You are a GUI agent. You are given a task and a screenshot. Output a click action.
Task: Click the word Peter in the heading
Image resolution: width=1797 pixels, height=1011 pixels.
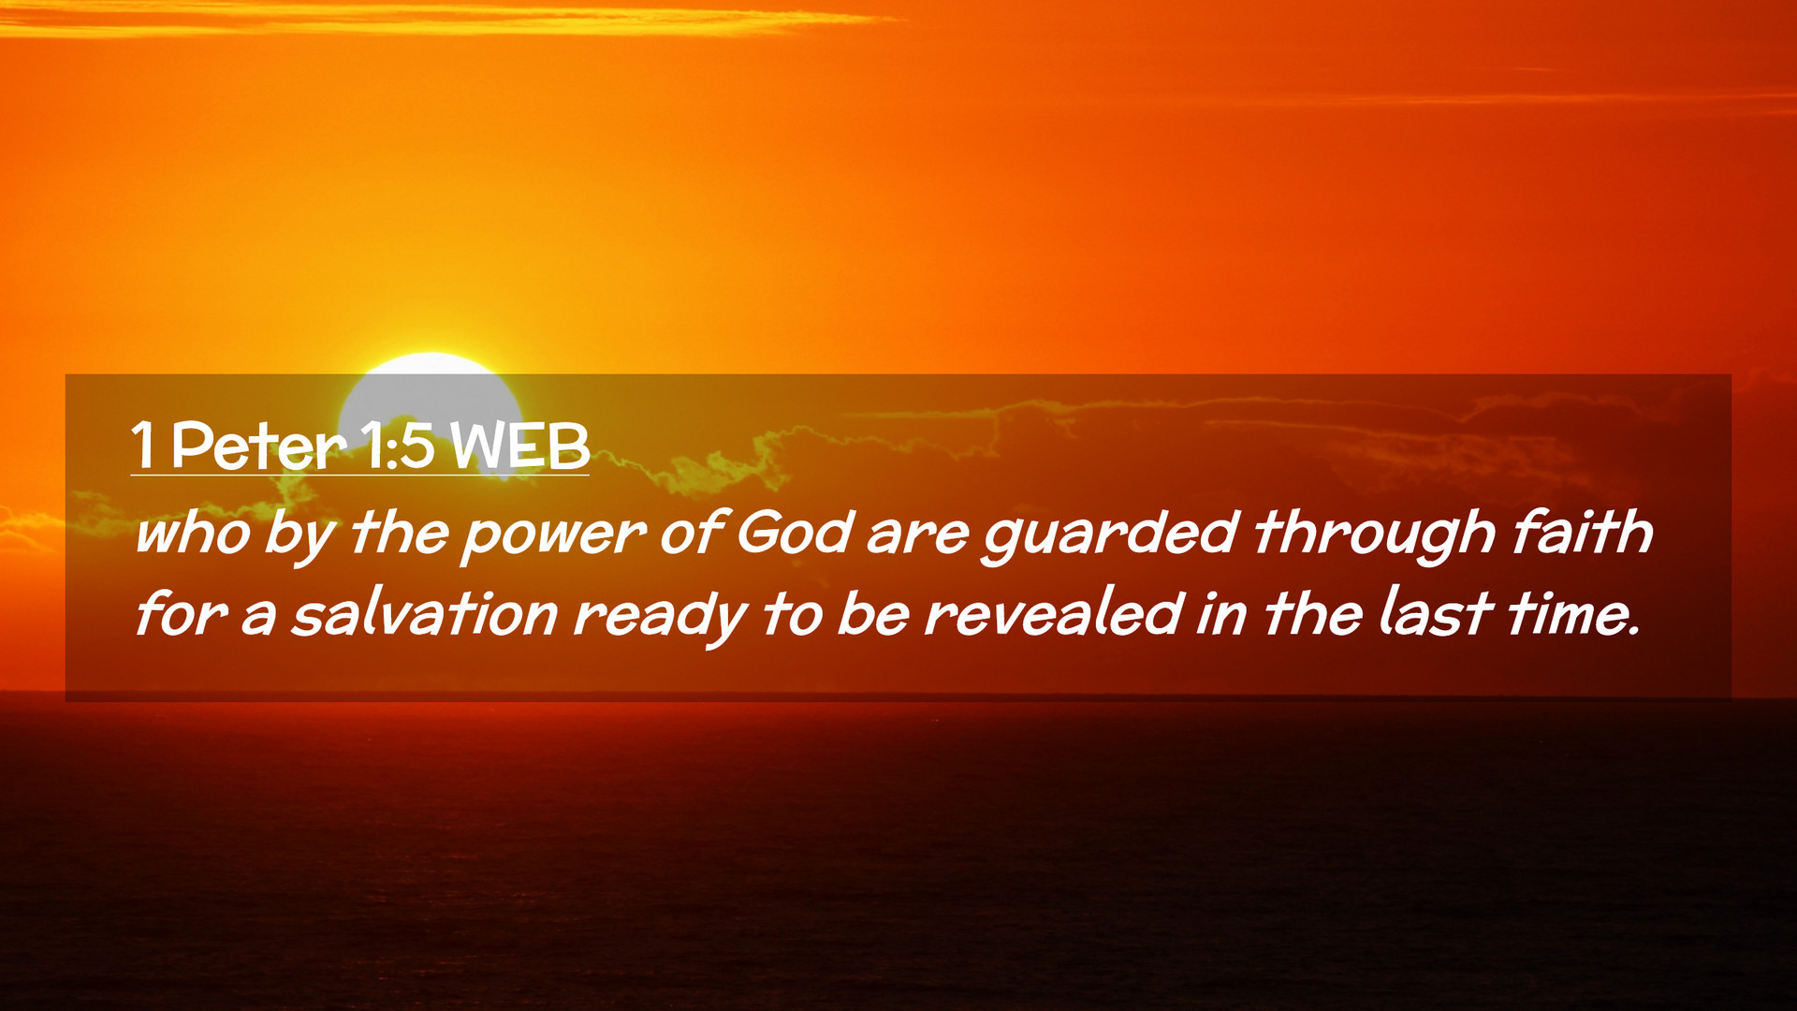coord(258,446)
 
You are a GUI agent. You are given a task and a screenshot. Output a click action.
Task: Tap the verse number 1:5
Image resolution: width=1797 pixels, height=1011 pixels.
coord(397,446)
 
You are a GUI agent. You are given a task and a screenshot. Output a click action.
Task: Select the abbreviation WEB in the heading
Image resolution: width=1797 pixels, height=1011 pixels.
coord(519,446)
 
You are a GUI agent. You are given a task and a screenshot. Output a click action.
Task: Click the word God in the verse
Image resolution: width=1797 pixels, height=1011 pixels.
coord(795,533)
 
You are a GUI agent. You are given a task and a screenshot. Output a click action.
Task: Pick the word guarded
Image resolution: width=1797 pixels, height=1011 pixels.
coord(1110,535)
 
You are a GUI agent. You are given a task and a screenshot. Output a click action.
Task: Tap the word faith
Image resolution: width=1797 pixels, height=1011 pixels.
coord(1583,532)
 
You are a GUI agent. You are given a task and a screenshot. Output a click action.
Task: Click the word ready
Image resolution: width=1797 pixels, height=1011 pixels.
coord(660,619)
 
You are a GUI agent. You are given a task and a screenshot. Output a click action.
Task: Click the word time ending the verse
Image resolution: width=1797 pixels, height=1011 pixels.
coord(1573,614)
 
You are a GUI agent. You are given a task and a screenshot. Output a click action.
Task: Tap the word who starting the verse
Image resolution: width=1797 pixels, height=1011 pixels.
coord(193,533)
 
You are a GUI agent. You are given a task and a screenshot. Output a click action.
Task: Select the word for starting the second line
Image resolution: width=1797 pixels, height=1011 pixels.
coord(180,614)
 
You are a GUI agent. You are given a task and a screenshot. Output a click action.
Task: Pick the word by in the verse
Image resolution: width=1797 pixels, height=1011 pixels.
coord(299,536)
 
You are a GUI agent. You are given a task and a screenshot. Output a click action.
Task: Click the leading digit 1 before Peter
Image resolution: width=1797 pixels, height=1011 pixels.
coord(142,446)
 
